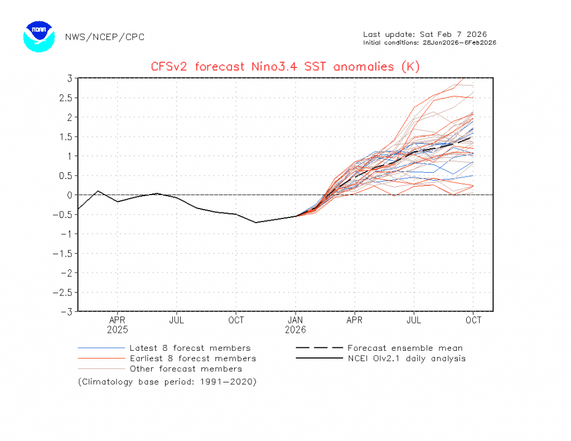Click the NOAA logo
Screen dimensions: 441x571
pos(39,37)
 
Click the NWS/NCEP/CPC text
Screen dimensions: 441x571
pos(104,37)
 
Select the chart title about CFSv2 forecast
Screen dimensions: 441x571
pos(285,67)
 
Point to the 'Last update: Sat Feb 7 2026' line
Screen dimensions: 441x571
pos(425,35)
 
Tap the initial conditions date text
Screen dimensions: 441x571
pos(429,42)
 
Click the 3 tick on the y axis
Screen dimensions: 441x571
pos(69,78)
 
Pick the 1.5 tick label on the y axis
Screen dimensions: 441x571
pos(66,137)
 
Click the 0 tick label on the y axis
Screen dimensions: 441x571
pos(69,195)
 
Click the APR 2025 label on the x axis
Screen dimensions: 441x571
pos(117,324)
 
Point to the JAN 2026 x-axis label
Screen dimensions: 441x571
pos(296,324)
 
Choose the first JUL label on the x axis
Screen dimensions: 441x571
pos(177,321)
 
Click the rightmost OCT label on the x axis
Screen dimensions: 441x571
pos(473,321)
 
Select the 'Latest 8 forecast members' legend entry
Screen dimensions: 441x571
pos(190,348)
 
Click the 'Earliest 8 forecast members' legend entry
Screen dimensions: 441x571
pos(192,358)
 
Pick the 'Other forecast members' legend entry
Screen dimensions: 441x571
pos(186,369)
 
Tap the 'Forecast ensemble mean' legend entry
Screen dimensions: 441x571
pos(405,348)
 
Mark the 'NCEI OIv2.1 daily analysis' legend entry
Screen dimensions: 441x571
pos(406,358)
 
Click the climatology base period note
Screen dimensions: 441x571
pos(167,382)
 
